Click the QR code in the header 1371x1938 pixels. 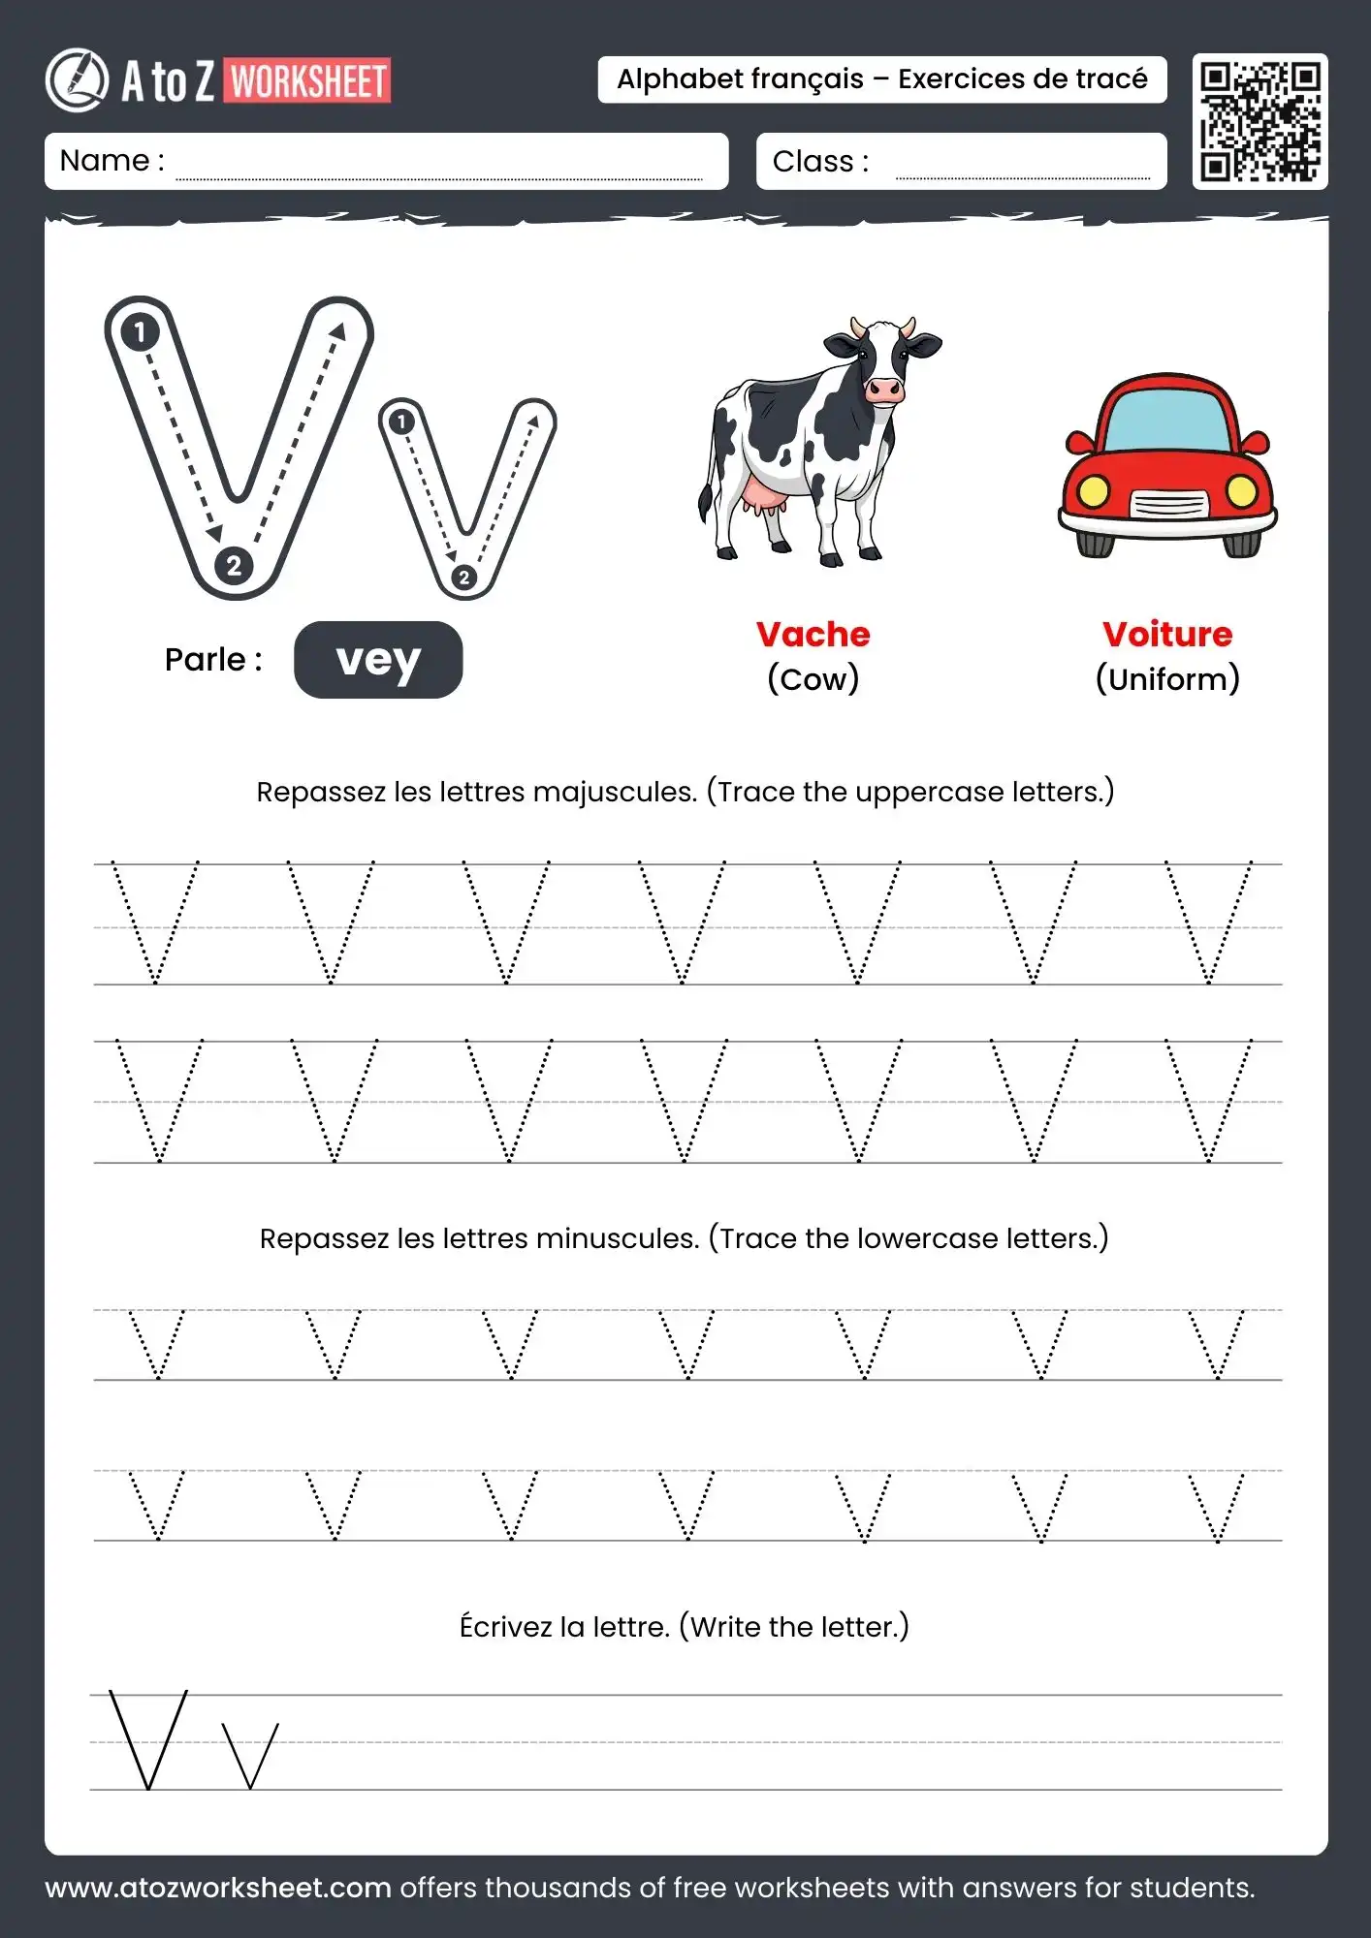[x=1259, y=122]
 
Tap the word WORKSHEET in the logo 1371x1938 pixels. [x=309, y=81]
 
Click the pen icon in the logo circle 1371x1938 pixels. [x=78, y=79]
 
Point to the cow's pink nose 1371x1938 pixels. [x=882, y=391]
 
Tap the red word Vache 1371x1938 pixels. [x=813, y=635]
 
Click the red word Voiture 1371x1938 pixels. [x=1167, y=635]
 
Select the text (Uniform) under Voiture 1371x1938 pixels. [x=1167, y=679]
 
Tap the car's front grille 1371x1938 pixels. [x=1169, y=504]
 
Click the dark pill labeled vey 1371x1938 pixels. [x=378, y=660]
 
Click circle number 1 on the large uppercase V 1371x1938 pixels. [x=140, y=332]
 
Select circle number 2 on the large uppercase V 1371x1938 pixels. [x=234, y=566]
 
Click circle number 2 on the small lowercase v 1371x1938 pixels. [x=463, y=578]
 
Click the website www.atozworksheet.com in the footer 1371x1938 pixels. [x=218, y=1888]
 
